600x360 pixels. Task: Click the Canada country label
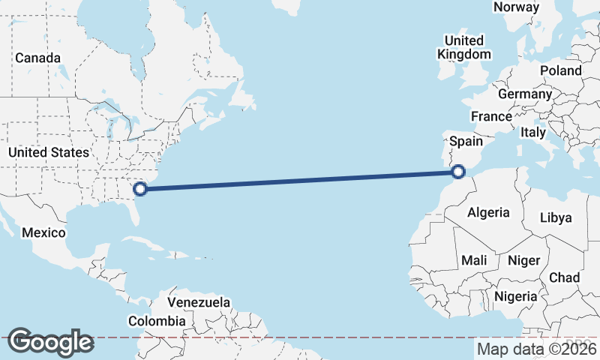coord(37,58)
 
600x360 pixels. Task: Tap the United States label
coord(49,152)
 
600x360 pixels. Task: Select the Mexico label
coord(43,232)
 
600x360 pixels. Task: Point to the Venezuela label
coord(199,302)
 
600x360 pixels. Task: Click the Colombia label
coord(156,321)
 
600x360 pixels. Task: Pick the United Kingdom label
coord(464,46)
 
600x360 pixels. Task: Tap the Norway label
coord(516,7)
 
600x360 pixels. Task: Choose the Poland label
coord(560,70)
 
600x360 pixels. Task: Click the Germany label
coord(524,94)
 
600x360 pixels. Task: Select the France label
coord(491,116)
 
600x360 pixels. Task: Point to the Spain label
coord(465,141)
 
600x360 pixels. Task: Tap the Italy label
coord(533,132)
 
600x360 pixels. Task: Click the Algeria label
coord(488,212)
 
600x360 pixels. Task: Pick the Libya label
coord(556,217)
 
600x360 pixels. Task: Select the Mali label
coord(474,260)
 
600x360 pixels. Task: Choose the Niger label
coord(523,260)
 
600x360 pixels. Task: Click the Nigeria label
coord(516,296)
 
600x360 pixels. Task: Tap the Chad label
coord(565,277)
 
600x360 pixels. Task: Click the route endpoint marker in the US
coord(139,189)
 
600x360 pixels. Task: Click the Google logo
coord(50,342)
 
